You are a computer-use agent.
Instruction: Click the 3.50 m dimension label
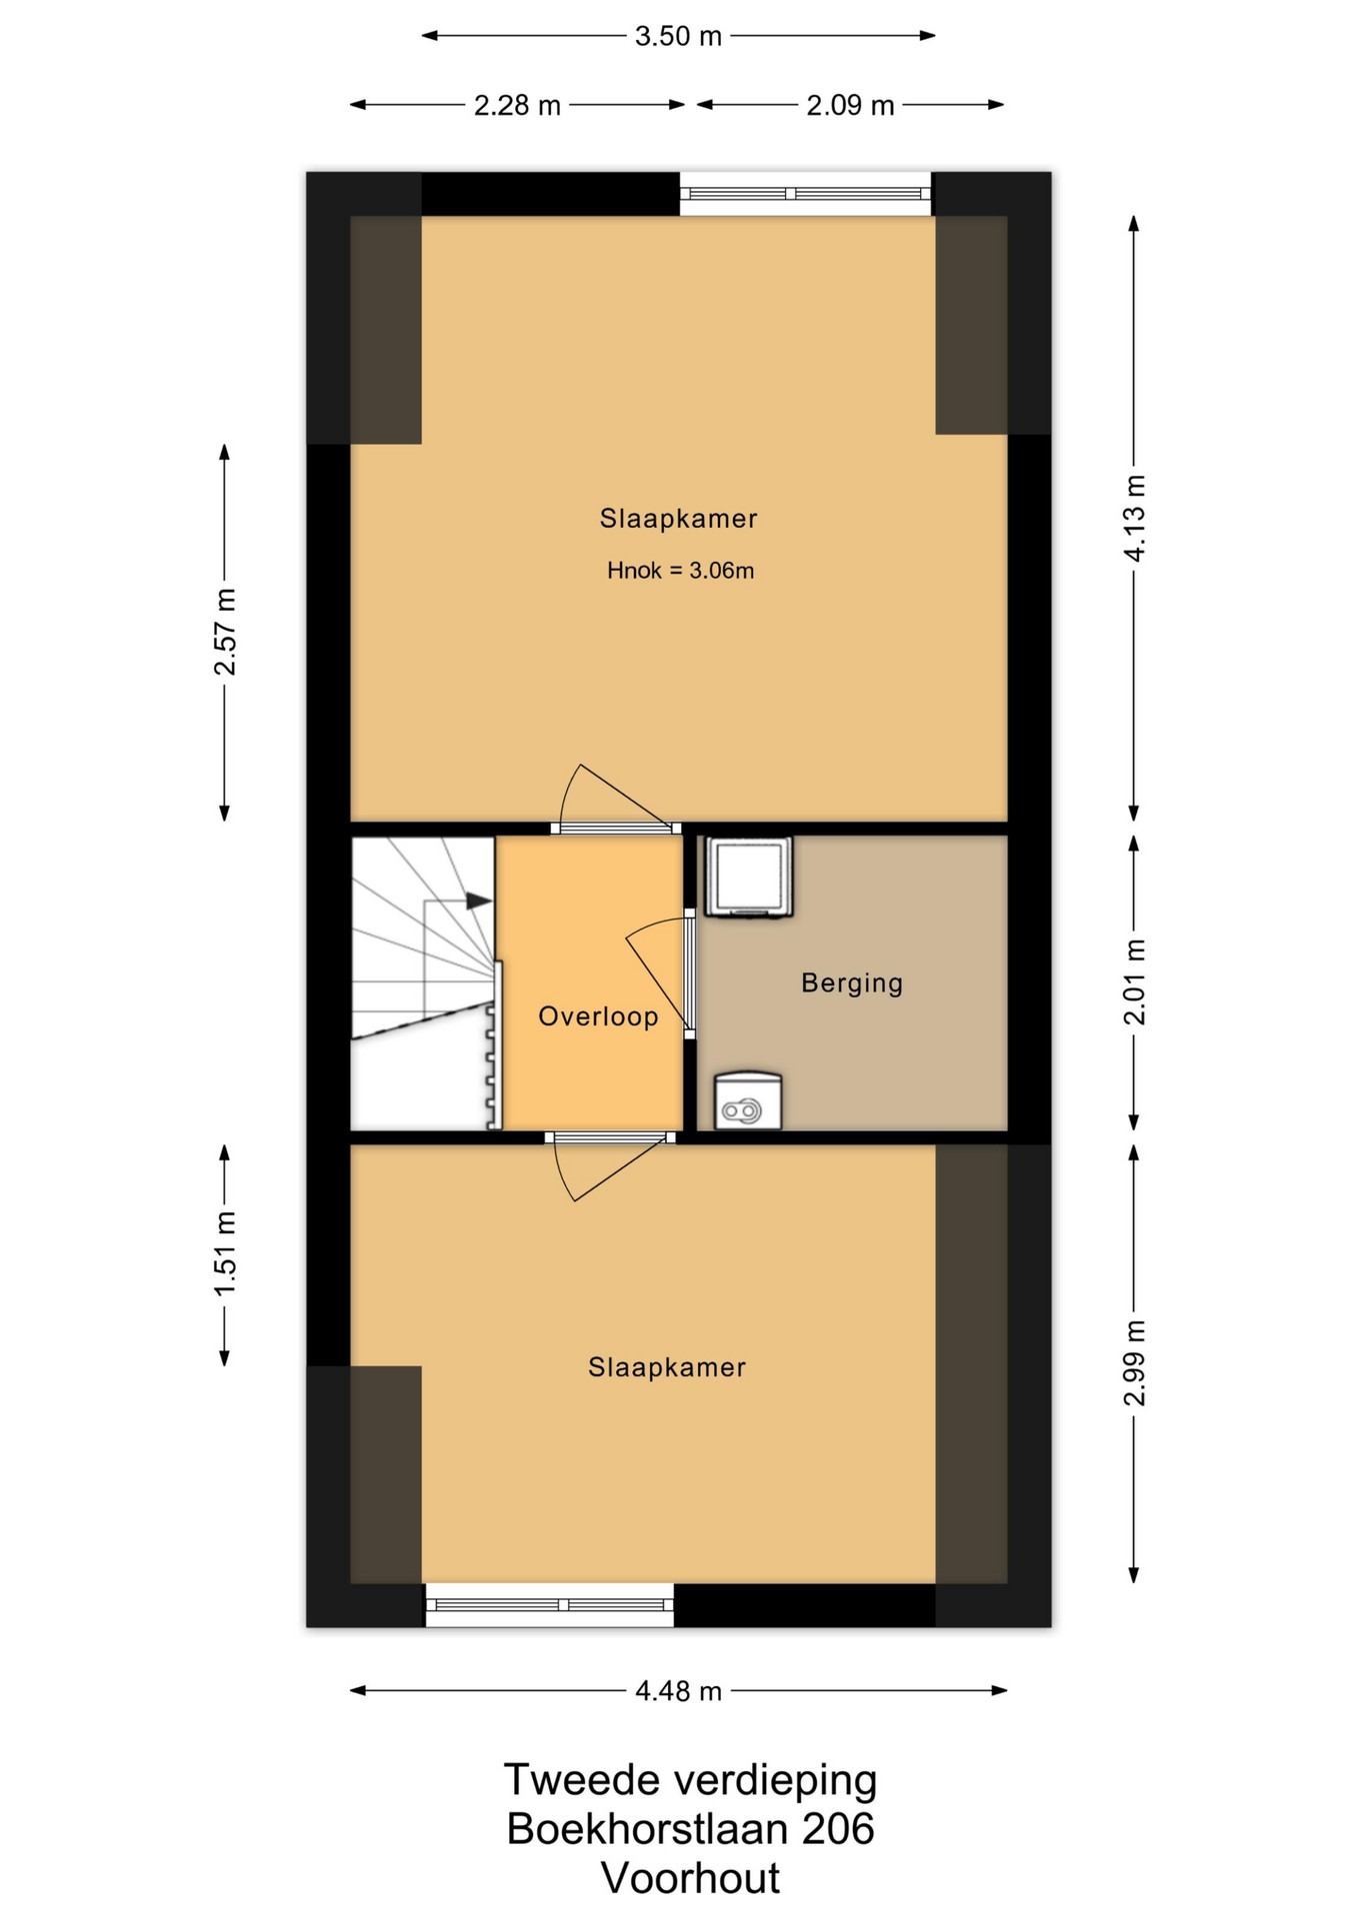pos(678,36)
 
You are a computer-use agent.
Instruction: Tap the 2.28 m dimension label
pos(517,105)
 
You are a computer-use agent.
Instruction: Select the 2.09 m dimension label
pos(850,105)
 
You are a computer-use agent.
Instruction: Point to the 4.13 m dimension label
pos(1135,518)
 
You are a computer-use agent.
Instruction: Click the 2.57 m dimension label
pos(225,632)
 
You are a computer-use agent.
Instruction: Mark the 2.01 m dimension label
pos(1135,981)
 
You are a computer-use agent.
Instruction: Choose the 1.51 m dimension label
pos(225,1253)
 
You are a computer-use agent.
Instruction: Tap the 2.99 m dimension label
pos(1135,1362)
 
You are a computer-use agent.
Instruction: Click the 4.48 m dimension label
pos(678,1690)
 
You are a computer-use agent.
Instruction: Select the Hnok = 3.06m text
pos(680,571)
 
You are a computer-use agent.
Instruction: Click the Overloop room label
pos(598,1016)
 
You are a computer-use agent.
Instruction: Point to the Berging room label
pos(852,982)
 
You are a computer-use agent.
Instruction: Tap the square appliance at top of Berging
pos(749,877)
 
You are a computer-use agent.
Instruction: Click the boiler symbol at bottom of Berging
pos(748,1100)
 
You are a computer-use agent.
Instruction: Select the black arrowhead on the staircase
pos(479,901)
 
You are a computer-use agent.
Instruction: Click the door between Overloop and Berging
pos(689,972)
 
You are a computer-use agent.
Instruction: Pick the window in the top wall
pos(805,194)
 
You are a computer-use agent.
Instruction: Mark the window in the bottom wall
pos(550,1604)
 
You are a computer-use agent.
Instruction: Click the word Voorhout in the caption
pos(690,1878)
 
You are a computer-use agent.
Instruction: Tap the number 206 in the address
pos(838,1829)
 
